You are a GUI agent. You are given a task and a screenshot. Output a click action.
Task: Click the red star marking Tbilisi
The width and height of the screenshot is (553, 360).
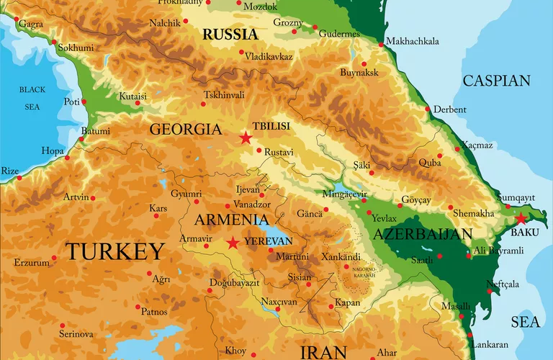(x=246, y=138)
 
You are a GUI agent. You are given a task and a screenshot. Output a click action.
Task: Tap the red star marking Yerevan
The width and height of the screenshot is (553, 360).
(x=233, y=243)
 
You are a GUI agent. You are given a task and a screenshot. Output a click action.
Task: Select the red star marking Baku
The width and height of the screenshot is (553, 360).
(x=521, y=219)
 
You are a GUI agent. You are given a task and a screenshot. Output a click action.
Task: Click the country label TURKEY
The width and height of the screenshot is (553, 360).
(x=115, y=251)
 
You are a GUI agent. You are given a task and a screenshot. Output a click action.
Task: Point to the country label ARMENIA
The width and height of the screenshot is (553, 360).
(x=228, y=220)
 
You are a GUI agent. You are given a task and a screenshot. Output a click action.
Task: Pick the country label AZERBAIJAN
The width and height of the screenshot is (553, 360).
(x=423, y=234)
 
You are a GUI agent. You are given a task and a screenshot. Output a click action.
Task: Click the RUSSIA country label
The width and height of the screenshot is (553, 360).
(x=230, y=34)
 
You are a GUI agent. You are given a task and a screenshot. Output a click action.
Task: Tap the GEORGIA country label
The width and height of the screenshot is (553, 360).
(x=185, y=130)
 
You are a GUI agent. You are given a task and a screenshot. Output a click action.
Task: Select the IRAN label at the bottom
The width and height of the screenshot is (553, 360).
(x=323, y=351)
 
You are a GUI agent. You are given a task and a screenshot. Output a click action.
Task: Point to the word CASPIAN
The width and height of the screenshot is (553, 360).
(x=496, y=81)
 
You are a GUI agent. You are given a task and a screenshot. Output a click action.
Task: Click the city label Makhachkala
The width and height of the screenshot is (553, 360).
(x=412, y=41)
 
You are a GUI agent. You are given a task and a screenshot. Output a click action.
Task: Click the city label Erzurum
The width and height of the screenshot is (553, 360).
(x=31, y=263)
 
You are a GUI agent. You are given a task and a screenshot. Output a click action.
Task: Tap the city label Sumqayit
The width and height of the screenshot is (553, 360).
(x=516, y=197)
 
